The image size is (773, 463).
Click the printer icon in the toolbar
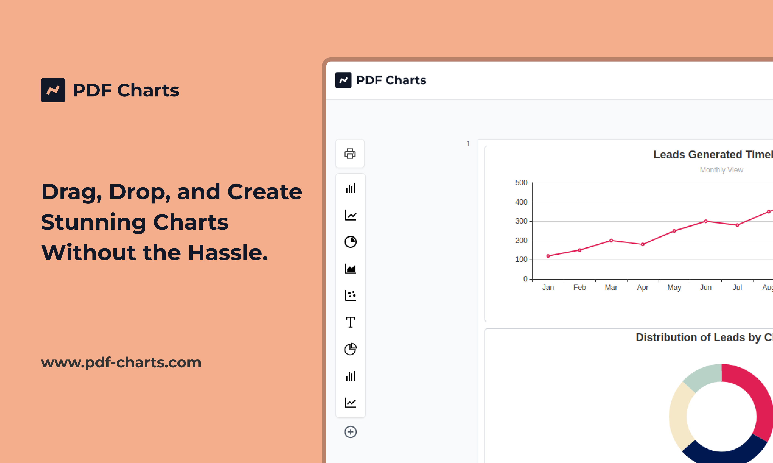(350, 154)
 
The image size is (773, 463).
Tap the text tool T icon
(350, 322)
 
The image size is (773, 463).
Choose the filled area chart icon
(350, 269)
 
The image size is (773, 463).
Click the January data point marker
(548, 256)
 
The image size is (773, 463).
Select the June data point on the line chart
(706, 221)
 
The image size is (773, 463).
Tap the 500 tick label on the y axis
(521, 183)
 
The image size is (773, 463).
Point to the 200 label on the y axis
(521, 241)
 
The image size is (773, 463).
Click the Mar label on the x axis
(611, 287)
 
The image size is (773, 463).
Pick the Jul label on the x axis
(737, 287)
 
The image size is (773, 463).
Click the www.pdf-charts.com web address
(121, 362)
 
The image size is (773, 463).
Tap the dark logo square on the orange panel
(53, 90)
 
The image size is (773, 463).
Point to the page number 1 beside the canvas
(468, 144)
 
